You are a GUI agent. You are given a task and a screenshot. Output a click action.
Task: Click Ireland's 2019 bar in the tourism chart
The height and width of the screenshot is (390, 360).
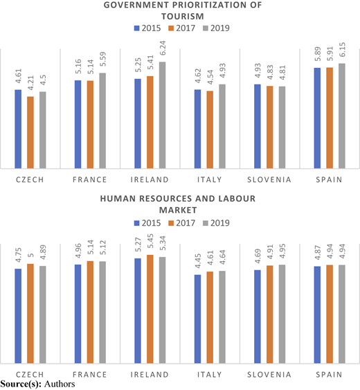coord(163,115)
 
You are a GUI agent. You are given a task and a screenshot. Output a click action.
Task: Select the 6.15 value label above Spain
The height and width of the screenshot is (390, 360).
coord(342,49)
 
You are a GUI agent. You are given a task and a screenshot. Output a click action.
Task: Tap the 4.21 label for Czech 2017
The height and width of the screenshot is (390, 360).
coord(30,84)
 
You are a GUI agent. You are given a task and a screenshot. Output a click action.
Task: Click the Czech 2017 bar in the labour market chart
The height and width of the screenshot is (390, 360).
coord(30,313)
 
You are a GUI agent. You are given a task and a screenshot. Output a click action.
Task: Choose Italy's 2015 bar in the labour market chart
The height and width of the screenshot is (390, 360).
coord(197,319)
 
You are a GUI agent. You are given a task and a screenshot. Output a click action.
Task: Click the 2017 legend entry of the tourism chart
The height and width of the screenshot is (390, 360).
coord(182,28)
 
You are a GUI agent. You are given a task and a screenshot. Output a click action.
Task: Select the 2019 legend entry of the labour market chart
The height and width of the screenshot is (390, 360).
coord(216,223)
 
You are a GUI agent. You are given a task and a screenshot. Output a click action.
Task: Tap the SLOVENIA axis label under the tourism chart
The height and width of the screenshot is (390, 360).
coord(269,179)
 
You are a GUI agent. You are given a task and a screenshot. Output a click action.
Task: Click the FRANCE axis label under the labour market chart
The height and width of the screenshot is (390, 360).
coord(90,374)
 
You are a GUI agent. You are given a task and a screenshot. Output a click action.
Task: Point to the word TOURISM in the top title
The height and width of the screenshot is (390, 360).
coord(183,17)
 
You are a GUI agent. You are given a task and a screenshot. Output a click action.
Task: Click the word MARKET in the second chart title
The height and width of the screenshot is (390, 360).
coord(178,210)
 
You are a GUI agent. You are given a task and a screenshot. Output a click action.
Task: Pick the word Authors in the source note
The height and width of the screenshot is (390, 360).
coord(60,384)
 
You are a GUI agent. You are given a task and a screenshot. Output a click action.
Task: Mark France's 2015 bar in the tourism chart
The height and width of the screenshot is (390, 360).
coord(78,125)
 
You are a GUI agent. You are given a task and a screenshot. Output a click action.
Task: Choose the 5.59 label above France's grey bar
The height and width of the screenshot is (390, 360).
coord(102,59)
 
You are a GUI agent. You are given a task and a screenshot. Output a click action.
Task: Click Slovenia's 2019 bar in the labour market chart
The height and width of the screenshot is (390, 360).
coord(282,314)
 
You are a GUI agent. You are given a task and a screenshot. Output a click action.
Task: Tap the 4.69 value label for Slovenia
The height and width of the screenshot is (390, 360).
coord(258,256)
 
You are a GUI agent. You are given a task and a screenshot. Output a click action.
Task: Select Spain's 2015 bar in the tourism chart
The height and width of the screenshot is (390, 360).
coord(317,118)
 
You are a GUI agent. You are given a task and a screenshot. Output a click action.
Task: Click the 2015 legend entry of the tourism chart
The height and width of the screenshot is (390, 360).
coord(147,28)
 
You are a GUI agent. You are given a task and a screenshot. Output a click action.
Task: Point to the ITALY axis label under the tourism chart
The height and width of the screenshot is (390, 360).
coord(210,179)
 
